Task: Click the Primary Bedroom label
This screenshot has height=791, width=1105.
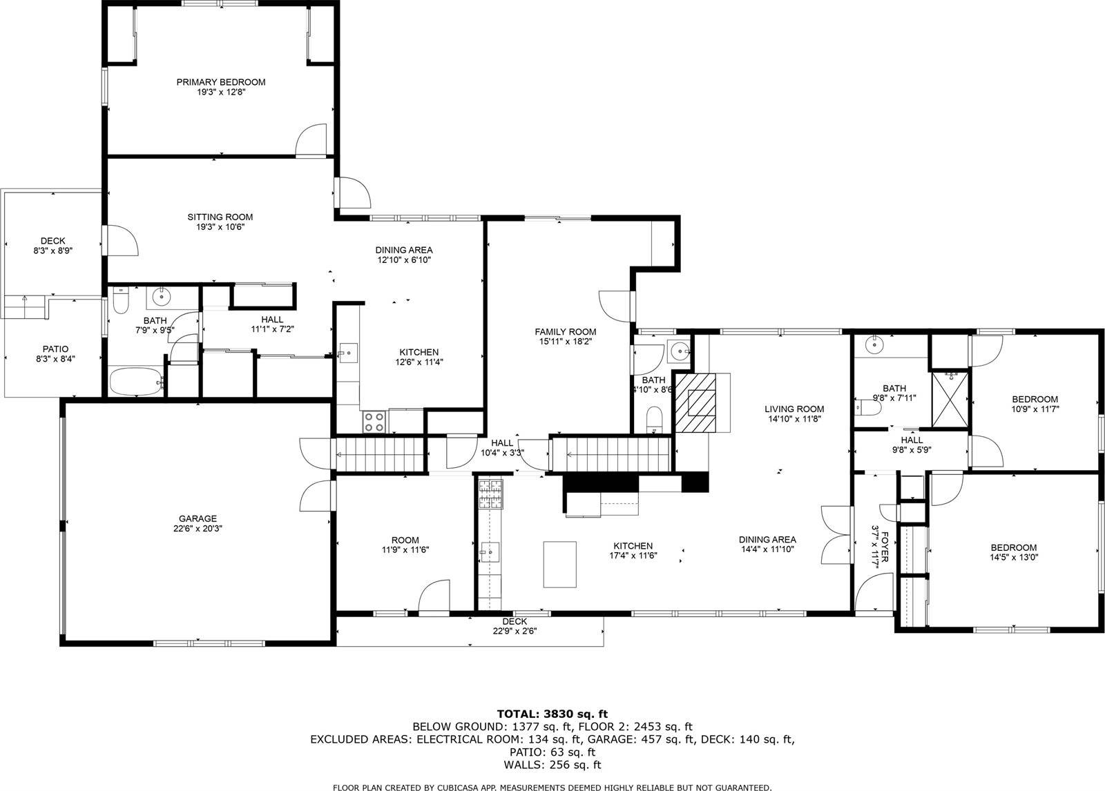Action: tap(220, 82)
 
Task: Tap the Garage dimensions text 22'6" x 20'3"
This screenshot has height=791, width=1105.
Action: tap(198, 529)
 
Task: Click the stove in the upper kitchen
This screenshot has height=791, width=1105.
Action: tap(374, 422)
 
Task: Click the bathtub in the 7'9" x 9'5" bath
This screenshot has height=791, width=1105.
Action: tap(135, 381)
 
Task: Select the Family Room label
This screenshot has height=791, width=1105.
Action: tap(565, 331)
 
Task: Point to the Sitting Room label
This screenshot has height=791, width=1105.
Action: tap(220, 217)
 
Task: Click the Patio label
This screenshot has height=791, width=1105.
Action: tap(52, 349)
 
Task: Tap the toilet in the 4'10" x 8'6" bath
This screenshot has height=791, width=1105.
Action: tap(654, 419)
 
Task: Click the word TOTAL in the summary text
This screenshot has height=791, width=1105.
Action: tap(519, 714)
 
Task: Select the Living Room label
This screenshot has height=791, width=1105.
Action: tap(794, 409)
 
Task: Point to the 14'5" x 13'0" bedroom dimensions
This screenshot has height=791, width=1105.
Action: tap(1015, 558)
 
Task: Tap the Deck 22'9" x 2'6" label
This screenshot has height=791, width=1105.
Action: tap(515, 622)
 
